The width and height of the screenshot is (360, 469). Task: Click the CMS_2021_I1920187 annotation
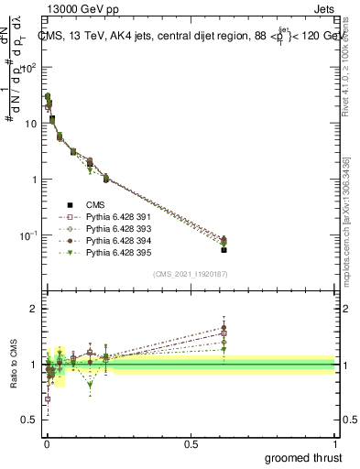coord(190,274)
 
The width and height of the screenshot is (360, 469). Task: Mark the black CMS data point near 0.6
coord(224,249)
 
